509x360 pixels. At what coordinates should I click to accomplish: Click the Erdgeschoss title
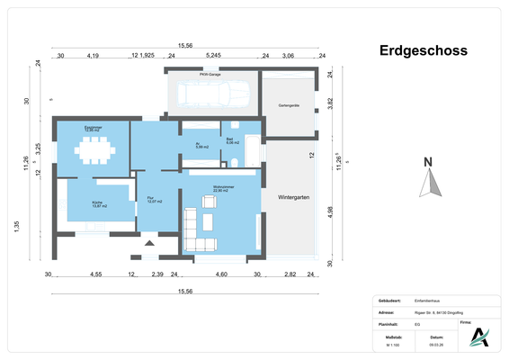point(422,50)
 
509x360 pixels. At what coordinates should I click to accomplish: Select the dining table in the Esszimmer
point(93,152)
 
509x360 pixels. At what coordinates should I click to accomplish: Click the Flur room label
point(153,200)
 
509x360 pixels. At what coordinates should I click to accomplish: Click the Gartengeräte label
point(288,105)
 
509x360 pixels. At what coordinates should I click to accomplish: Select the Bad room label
point(231,140)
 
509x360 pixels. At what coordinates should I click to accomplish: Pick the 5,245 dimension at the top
point(213,56)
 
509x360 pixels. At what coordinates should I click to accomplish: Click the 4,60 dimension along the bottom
point(220,274)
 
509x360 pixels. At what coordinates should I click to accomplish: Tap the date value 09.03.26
point(435,345)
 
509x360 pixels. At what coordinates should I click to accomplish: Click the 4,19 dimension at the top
point(93,56)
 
